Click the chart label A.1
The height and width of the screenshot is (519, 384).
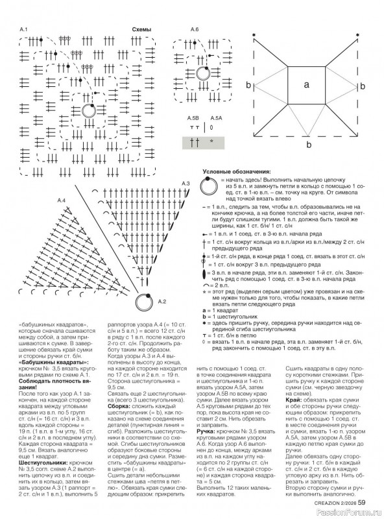pyautogui.click(x=23, y=30)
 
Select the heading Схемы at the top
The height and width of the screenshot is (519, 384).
pyautogui.click(x=141, y=30)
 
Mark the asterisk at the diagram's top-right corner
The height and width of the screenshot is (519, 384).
pyautogui.click(x=359, y=34)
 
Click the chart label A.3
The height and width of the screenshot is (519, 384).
pyautogui.click(x=185, y=184)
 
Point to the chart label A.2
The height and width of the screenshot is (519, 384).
pyautogui.click(x=162, y=301)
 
